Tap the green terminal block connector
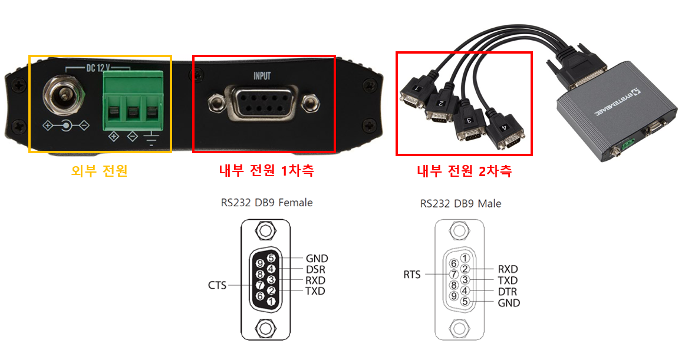133,100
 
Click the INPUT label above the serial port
262,76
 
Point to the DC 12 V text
98,68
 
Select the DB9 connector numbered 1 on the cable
413,93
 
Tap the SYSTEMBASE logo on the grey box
617,104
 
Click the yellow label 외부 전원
100,170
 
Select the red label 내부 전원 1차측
266,170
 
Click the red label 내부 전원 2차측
465,171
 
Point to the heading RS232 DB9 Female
266,203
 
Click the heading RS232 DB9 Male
460,204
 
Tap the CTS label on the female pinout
217,285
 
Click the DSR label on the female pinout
315,270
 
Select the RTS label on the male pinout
412,275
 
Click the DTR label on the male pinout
507,292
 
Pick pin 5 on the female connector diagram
271,258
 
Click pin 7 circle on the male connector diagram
454,275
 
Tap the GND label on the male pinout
509,303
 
